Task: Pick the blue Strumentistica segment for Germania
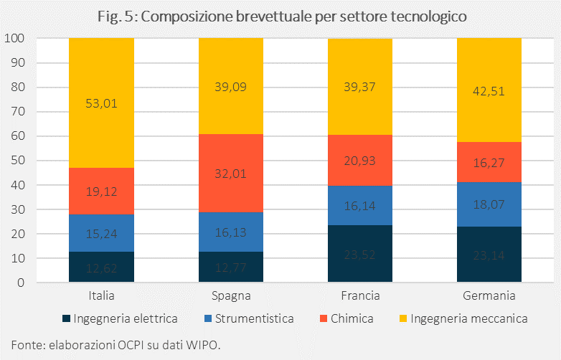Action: tap(489, 204)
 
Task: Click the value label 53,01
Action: tap(101, 103)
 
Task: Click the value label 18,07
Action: tap(489, 204)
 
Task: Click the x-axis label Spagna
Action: tap(230, 295)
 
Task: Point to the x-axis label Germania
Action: tap(489, 295)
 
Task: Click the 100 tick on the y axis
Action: tap(16, 39)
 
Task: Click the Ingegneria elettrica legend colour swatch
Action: tap(67, 318)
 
